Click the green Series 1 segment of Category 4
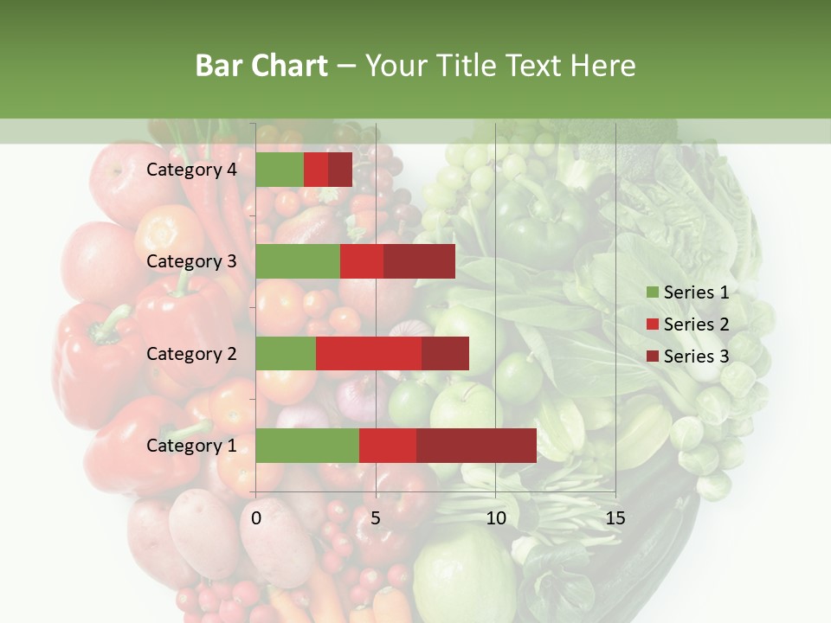(x=280, y=170)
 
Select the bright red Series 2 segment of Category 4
(x=316, y=170)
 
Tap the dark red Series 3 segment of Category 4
(x=340, y=170)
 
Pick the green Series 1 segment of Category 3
(x=298, y=261)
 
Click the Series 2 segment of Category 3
(x=362, y=261)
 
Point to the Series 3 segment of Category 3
(x=419, y=261)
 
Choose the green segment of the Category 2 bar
(x=286, y=353)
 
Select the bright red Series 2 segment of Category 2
(x=369, y=353)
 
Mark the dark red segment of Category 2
(x=445, y=353)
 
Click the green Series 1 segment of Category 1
(x=307, y=446)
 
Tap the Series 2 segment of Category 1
(x=388, y=446)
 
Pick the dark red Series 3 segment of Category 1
(x=476, y=446)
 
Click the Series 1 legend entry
(x=689, y=292)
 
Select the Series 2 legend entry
(x=689, y=324)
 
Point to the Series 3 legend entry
(x=689, y=356)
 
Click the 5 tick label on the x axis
(x=376, y=518)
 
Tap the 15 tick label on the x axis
(x=615, y=518)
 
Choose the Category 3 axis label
(x=191, y=261)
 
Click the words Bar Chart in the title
(x=261, y=66)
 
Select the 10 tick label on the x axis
(x=495, y=518)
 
